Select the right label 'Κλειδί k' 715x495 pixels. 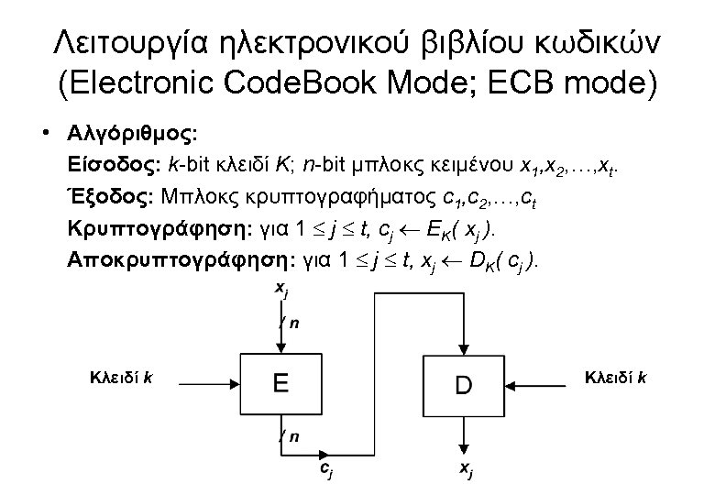(x=615, y=375)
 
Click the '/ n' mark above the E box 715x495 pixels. (x=290, y=323)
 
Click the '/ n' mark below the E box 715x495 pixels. (x=290, y=436)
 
